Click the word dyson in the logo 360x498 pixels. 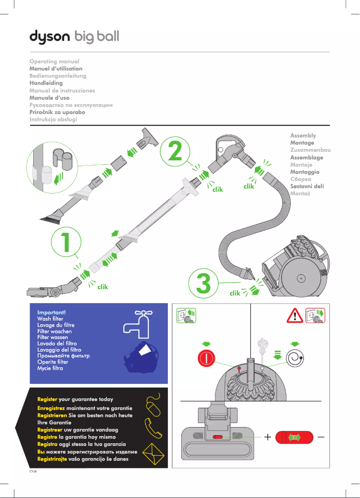pos(50,36)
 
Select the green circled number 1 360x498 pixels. pos(66,242)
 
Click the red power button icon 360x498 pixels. pos(206,358)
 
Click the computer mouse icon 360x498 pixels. pos(152,405)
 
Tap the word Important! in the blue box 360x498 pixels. pos(52,312)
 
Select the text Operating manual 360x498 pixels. pos(54,61)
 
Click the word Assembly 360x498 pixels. pos(303,135)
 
